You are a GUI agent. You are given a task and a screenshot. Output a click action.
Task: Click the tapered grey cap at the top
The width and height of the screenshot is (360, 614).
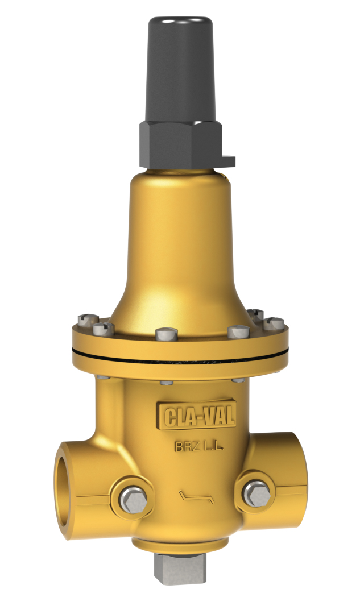(180, 63)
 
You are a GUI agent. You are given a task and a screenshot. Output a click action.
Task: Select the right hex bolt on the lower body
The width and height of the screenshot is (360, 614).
(256, 493)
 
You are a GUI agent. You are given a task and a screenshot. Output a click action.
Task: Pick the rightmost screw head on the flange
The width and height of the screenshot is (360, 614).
(275, 323)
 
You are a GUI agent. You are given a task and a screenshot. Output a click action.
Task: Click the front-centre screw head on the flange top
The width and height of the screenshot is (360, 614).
(164, 333)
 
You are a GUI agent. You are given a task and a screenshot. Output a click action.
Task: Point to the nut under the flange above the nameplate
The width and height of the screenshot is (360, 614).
(167, 381)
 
